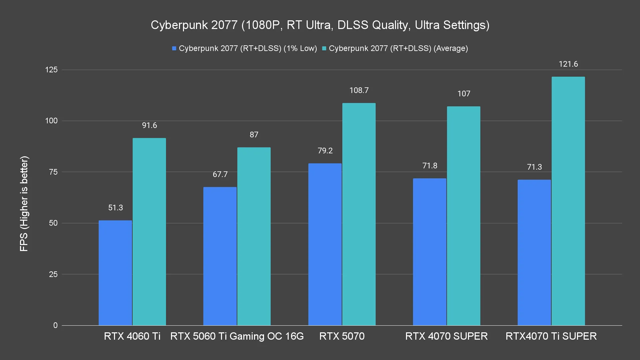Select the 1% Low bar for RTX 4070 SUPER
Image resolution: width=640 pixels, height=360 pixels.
(429, 252)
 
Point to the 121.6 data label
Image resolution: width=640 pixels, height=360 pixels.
(568, 64)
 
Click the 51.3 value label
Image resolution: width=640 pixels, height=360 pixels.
(115, 208)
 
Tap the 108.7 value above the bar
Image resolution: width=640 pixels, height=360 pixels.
(359, 90)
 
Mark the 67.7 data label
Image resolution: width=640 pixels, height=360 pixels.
(220, 174)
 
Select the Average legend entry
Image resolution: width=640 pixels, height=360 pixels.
(395, 48)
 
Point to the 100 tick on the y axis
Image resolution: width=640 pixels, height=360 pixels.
(51, 121)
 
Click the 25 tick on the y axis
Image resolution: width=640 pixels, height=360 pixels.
(53, 274)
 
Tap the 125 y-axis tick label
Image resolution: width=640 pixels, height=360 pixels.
(51, 70)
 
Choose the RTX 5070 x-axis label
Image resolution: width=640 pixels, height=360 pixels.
(342, 336)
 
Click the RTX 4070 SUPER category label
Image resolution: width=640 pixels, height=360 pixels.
(446, 336)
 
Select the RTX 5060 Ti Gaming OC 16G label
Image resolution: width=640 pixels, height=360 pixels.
(237, 336)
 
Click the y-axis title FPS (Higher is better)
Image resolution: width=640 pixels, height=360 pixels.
(24, 203)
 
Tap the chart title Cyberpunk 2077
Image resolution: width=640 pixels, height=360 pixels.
(320, 25)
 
